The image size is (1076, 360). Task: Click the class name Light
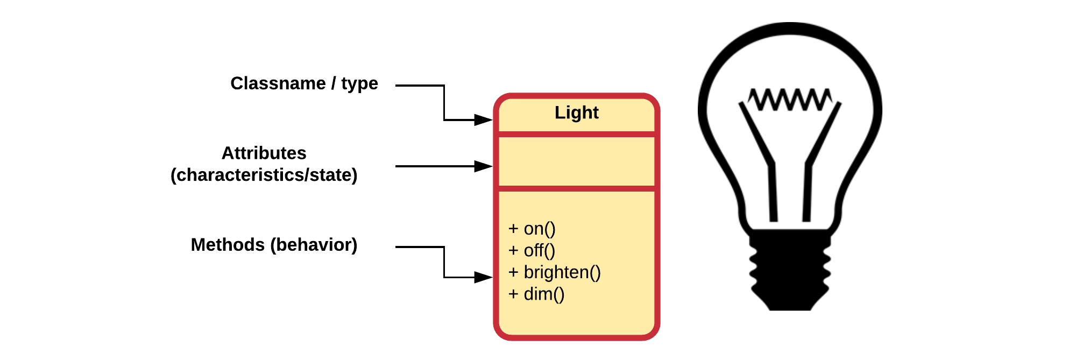(x=576, y=112)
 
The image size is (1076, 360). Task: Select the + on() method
(x=532, y=229)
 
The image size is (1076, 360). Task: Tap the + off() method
(x=532, y=251)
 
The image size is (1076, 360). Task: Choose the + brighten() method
(x=554, y=272)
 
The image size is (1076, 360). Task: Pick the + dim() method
(x=536, y=294)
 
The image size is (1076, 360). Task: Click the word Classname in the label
(x=278, y=83)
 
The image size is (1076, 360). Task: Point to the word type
(x=359, y=83)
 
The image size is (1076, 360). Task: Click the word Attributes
(x=264, y=153)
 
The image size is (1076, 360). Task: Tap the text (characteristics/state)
(x=264, y=175)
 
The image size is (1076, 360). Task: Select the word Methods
(x=228, y=245)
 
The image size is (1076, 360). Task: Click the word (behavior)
(x=314, y=245)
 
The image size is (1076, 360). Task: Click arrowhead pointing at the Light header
(x=483, y=120)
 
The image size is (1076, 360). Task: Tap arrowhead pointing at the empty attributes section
(x=483, y=166)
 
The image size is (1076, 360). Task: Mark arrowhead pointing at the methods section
(x=483, y=278)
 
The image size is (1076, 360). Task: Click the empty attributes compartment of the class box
(x=576, y=161)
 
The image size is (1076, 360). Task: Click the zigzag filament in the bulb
(x=789, y=100)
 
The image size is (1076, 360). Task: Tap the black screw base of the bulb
(x=789, y=269)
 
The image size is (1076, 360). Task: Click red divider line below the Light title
(x=576, y=134)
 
